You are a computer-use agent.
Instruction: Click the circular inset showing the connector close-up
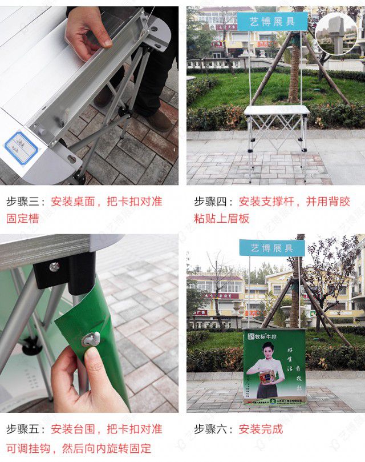(x=336, y=34)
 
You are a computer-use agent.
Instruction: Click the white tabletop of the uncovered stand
(x=277, y=110)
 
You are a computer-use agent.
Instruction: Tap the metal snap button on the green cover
(x=91, y=339)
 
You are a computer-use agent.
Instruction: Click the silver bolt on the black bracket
(x=54, y=266)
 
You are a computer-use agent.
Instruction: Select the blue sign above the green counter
(x=272, y=248)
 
